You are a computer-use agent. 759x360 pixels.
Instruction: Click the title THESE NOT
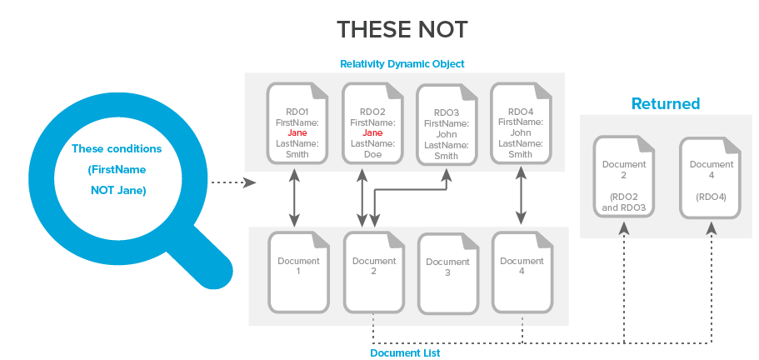(402, 30)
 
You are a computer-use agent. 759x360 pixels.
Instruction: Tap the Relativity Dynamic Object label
(402, 63)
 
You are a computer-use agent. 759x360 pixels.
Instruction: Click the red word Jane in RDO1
(297, 132)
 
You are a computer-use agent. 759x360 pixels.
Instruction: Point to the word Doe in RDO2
(372, 154)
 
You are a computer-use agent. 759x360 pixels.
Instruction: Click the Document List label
(405, 353)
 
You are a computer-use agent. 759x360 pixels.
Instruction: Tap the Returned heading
(665, 104)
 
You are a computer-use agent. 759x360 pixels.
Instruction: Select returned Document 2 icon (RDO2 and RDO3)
(624, 177)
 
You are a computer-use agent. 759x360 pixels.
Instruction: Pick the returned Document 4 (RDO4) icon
(711, 177)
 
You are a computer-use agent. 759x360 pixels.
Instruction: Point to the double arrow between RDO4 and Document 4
(521, 197)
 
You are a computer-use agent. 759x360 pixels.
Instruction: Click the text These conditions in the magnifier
(117, 149)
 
